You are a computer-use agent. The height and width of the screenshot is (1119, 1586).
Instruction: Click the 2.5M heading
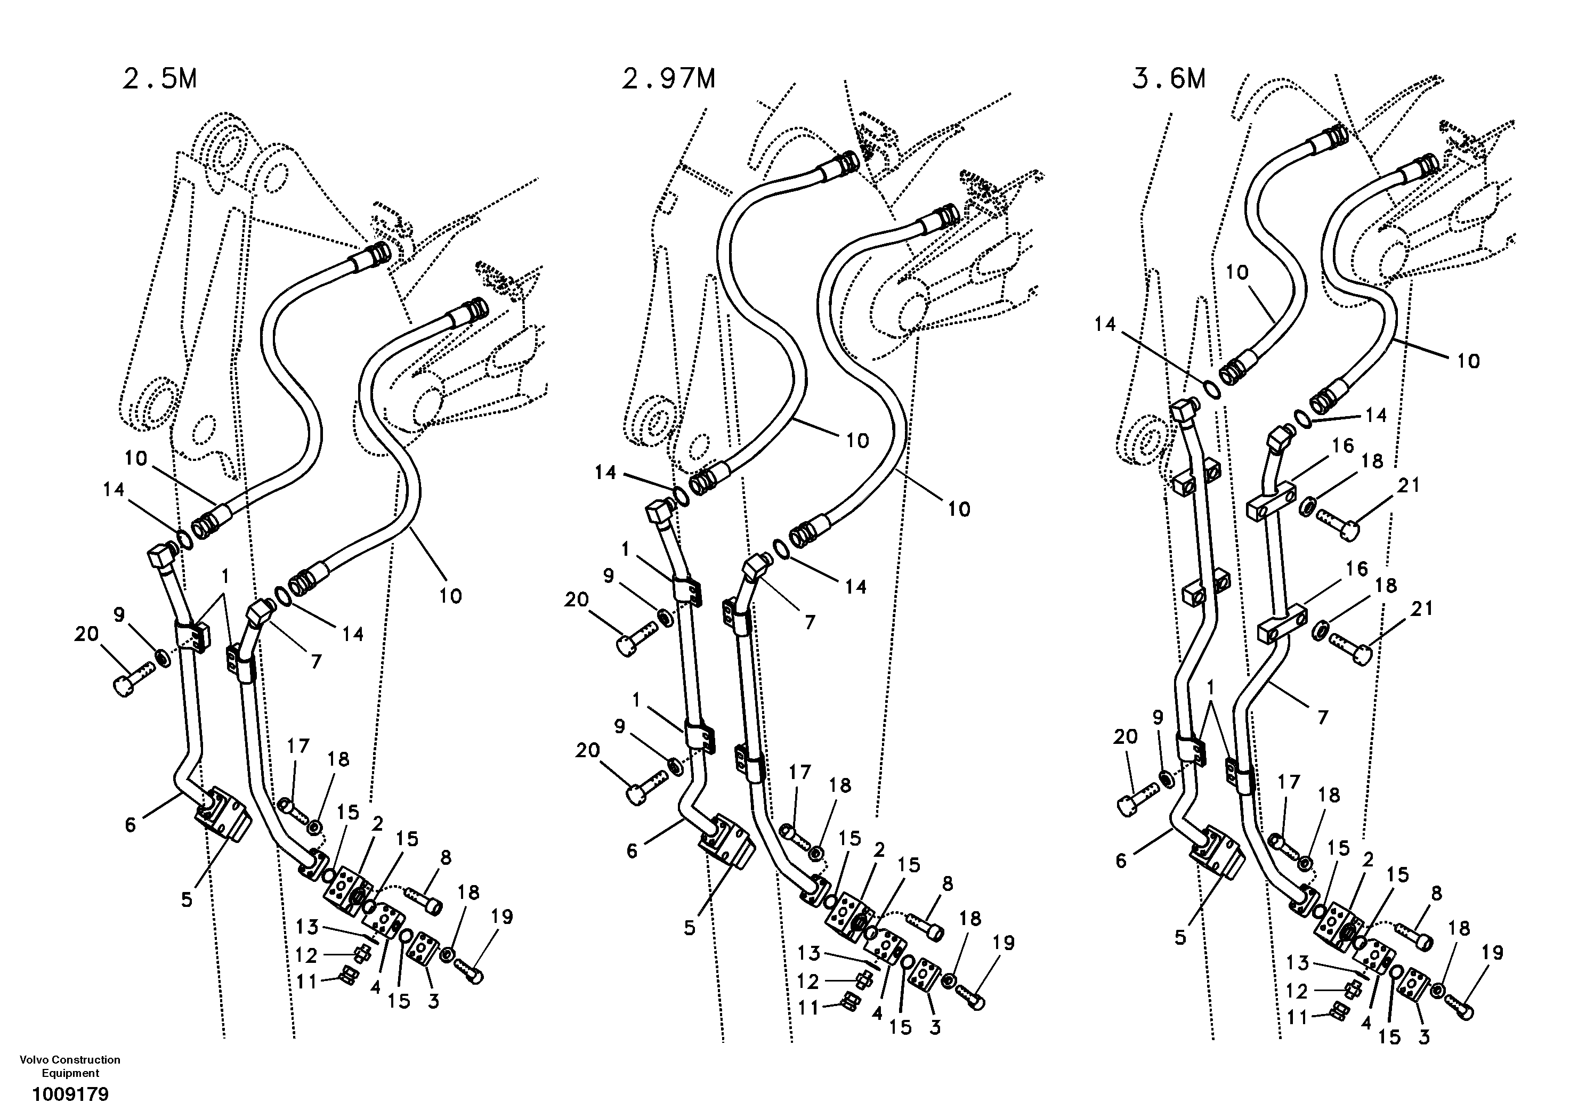(x=159, y=79)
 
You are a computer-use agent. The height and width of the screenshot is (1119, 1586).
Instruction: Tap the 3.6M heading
(x=1169, y=79)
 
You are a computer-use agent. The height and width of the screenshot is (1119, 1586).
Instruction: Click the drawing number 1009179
(x=70, y=1095)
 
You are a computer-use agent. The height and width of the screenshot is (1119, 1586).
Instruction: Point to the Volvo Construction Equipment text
(x=70, y=1066)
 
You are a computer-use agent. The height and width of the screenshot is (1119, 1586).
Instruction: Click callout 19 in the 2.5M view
(x=501, y=917)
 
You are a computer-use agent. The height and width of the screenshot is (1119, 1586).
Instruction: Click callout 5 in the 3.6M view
(x=1180, y=937)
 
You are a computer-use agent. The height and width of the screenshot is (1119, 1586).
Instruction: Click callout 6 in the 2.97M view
(x=632, y=851)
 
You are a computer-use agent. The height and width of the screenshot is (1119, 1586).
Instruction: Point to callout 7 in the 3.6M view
(x=1322, y=718)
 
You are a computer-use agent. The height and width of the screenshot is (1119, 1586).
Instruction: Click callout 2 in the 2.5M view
(x=377, y=823)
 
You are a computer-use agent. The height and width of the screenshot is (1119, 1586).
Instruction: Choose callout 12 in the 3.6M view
(x=1297, y=991)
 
